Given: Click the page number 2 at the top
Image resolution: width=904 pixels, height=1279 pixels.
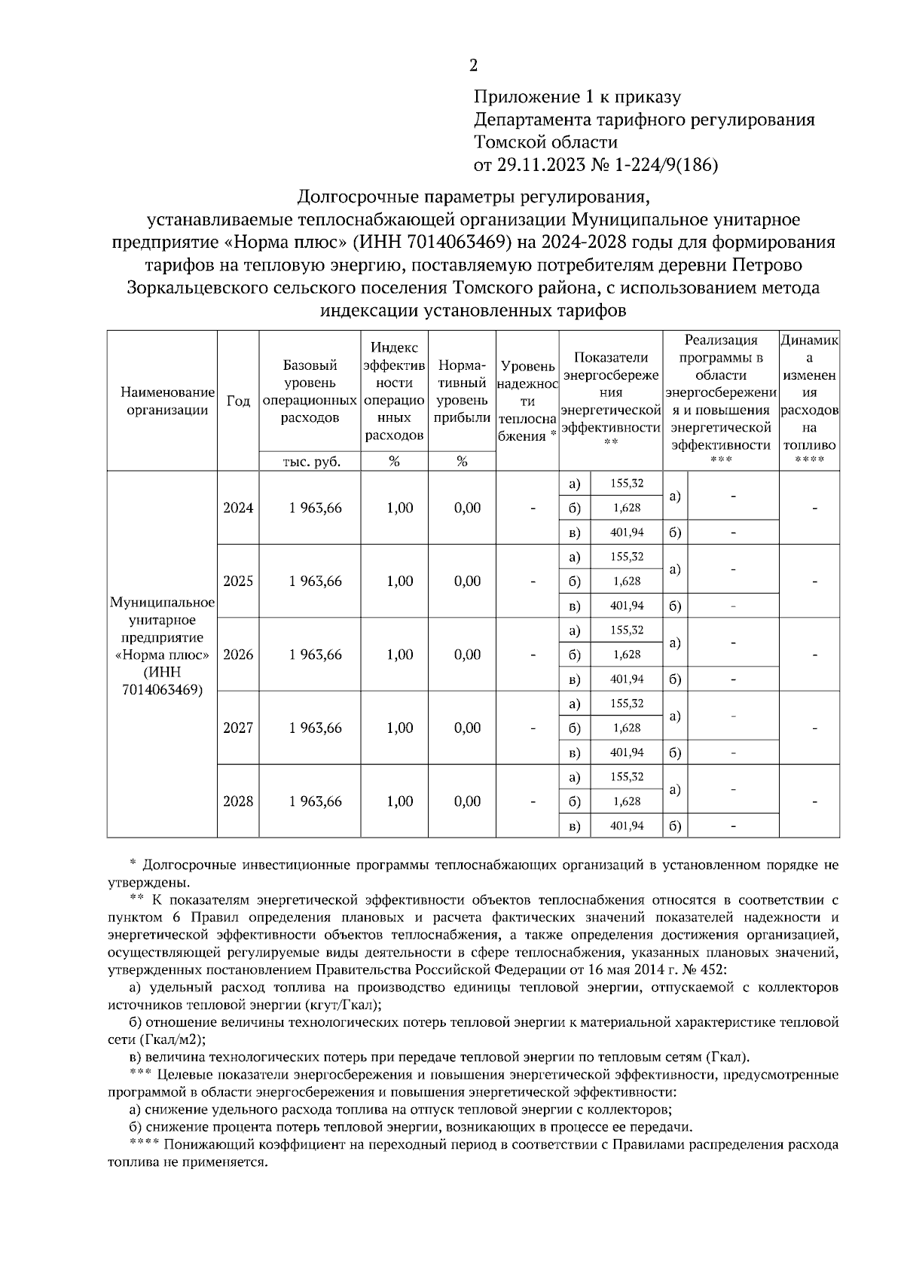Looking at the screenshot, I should click(473, 66).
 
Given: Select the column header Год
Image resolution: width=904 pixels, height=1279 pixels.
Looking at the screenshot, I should click(238, 401).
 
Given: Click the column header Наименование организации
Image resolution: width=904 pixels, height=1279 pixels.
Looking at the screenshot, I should click(162, 401).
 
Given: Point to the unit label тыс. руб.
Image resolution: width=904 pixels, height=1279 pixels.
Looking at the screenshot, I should click(310, 462).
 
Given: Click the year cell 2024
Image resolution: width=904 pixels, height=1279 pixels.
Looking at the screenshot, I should click(238, 508).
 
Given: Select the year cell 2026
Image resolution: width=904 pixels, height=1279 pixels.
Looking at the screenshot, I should click(238, 655).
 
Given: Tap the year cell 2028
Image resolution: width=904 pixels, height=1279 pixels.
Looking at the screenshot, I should click(238, 801).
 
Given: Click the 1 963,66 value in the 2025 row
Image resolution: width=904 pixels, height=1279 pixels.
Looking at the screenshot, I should click(315, 582).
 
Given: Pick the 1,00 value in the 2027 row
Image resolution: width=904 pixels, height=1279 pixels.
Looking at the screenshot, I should click(399, 728).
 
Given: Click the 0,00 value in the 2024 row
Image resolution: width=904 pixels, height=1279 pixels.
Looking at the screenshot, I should click(467, 508).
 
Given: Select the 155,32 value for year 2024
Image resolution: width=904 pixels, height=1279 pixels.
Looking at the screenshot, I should click(627, 484).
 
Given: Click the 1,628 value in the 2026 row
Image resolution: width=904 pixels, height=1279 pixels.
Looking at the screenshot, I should click(627, 655).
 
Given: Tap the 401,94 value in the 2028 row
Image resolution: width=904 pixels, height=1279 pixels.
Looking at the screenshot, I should click(627, 826).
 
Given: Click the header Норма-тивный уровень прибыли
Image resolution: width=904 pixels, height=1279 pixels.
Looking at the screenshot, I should click(462, 392).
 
